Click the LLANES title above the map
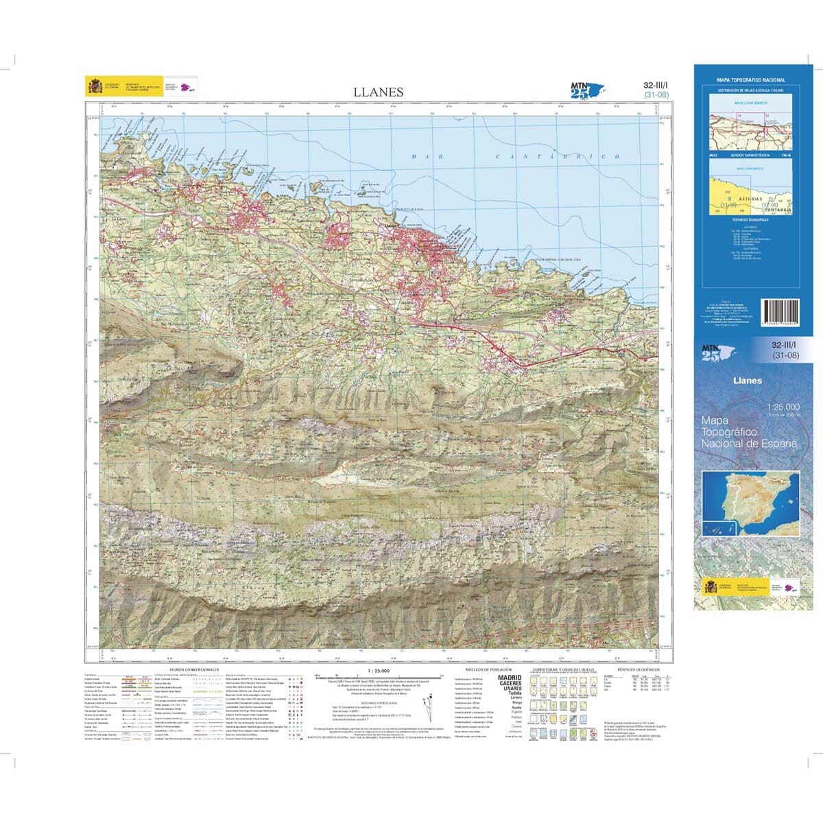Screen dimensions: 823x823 (x=379, y=92)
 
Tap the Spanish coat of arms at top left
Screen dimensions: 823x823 (x=93, y=86)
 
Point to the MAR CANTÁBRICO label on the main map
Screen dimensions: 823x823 (x=508, y=157)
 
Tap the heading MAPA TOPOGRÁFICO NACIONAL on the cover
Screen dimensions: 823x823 (x=751, y=80)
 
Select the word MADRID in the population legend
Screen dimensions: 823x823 (x=509, y=678)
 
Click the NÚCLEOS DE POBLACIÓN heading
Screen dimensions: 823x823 (x=486, y=669)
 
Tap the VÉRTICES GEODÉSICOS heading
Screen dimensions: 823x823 (x=638, y=669)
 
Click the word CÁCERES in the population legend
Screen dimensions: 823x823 (x=508, y=684)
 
